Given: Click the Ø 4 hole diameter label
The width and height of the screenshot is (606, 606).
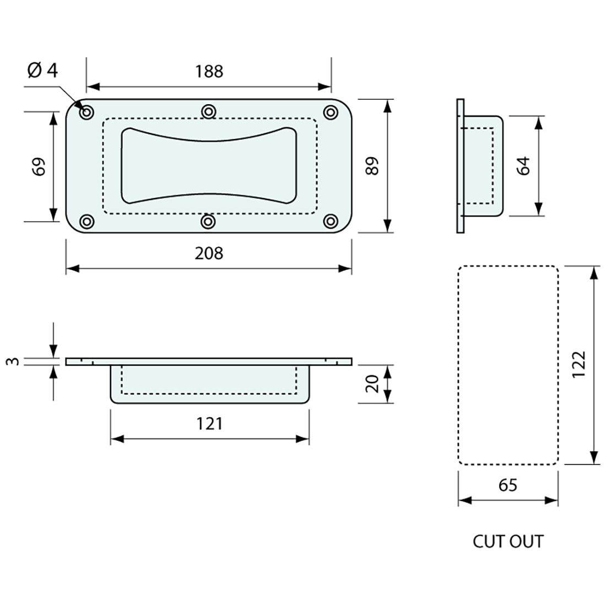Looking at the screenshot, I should tap(42, 71).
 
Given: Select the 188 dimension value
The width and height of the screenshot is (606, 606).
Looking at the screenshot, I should tap(209, 71).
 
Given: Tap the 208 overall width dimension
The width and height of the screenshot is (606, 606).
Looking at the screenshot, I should tap(209, 253).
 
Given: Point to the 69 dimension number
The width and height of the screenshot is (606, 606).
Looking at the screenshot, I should tap(39, 166).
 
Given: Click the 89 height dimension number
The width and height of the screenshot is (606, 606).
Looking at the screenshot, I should tap(373, 166).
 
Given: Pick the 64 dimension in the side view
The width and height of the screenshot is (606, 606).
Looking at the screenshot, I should tap(523, 166).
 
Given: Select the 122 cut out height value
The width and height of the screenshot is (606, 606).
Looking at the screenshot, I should tap(578, 365).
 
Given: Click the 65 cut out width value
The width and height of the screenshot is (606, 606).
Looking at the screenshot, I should tap(507, 485).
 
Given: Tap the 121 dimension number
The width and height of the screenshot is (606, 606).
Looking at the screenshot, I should tap(209, 423).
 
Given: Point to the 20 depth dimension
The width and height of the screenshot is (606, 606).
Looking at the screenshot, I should tap(373, 383).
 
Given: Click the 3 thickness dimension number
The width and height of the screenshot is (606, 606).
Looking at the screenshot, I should tap(15, 361).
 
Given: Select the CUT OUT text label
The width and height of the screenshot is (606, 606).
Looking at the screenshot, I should tap(507, 542).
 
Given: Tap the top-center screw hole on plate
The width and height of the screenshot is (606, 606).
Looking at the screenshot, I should tap(208, 112).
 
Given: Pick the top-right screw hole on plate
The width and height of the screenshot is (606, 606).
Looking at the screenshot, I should tap(330, 112).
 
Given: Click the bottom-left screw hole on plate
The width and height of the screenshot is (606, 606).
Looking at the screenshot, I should tap(87, 221).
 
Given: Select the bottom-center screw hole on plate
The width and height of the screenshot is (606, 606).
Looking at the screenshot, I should tap(208, 221).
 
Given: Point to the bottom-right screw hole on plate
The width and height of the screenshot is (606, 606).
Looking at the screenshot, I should tap(330, 221).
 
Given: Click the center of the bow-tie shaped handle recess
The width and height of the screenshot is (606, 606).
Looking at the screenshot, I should tap(208, 166).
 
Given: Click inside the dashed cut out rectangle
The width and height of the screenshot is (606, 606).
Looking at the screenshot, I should tap(507, 365).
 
